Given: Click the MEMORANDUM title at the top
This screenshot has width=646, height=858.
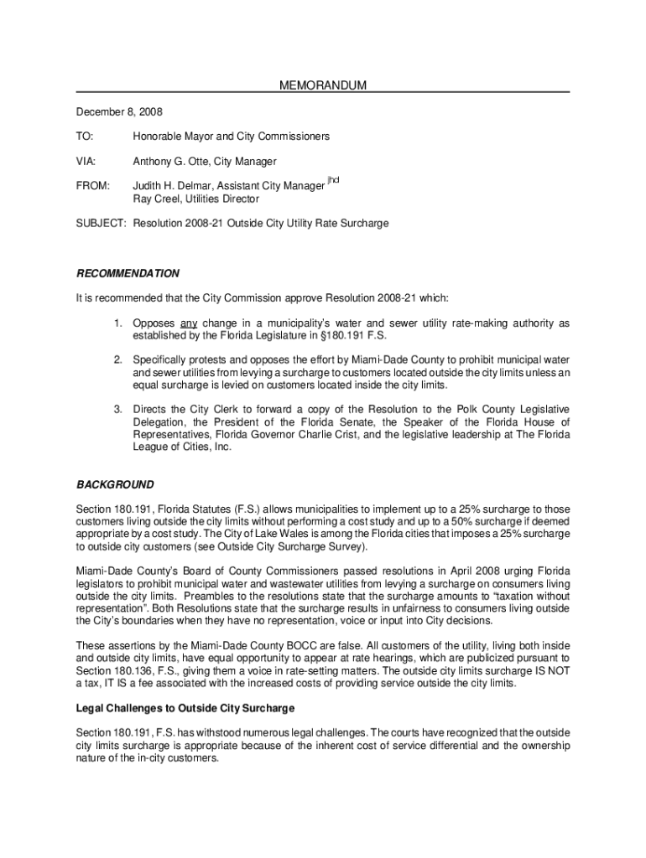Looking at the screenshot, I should click(323, 86).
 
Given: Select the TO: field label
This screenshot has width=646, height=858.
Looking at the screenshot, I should click(86, 136).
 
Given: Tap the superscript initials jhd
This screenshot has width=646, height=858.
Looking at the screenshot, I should click(333, 181).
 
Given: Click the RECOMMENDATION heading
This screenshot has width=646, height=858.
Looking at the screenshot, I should click(128, 274).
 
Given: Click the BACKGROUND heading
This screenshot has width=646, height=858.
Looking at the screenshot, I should click(116, 485).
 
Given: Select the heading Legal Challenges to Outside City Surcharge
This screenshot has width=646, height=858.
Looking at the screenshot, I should click(185, 709).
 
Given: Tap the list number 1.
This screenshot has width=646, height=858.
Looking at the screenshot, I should click(119, 323).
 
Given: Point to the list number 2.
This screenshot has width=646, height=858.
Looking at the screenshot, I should click(119, 359).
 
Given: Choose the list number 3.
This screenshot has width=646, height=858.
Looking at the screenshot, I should click(119, 410).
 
